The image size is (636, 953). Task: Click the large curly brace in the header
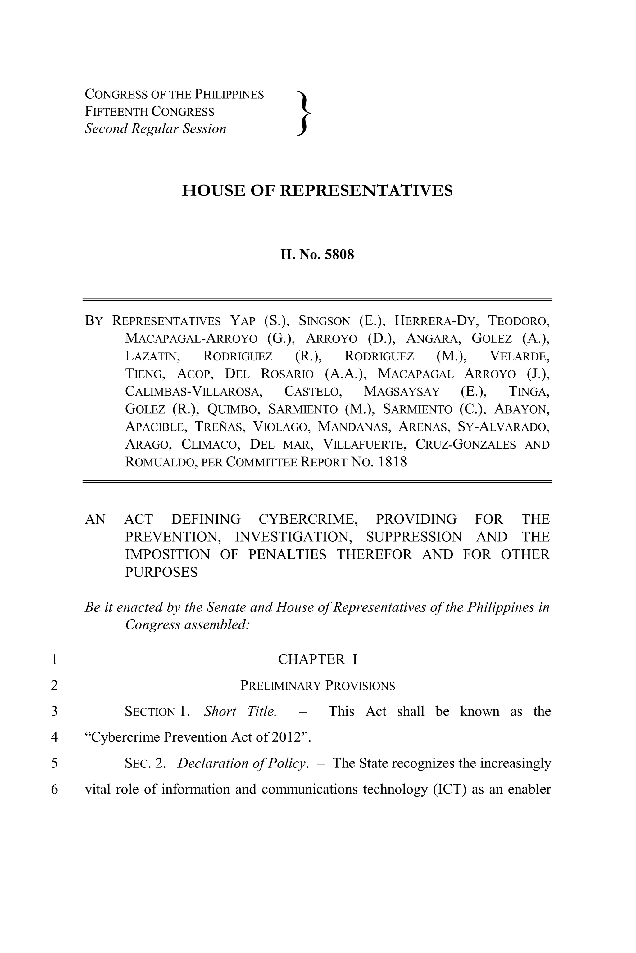coord(304,112)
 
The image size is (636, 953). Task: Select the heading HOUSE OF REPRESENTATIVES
coord(317,190)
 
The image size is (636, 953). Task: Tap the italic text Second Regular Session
coord(155,129)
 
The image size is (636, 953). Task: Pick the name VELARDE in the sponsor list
coord(520,356)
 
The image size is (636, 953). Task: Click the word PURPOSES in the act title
coord(161,572)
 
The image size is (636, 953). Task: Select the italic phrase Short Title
coord(240,712)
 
